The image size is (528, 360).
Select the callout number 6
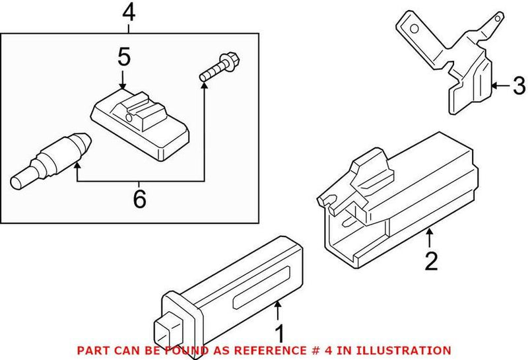click(139, 199)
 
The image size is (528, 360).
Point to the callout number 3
click(518, 85)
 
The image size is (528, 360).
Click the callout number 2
click(430, 262)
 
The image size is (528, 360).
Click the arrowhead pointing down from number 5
click(123, 85)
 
